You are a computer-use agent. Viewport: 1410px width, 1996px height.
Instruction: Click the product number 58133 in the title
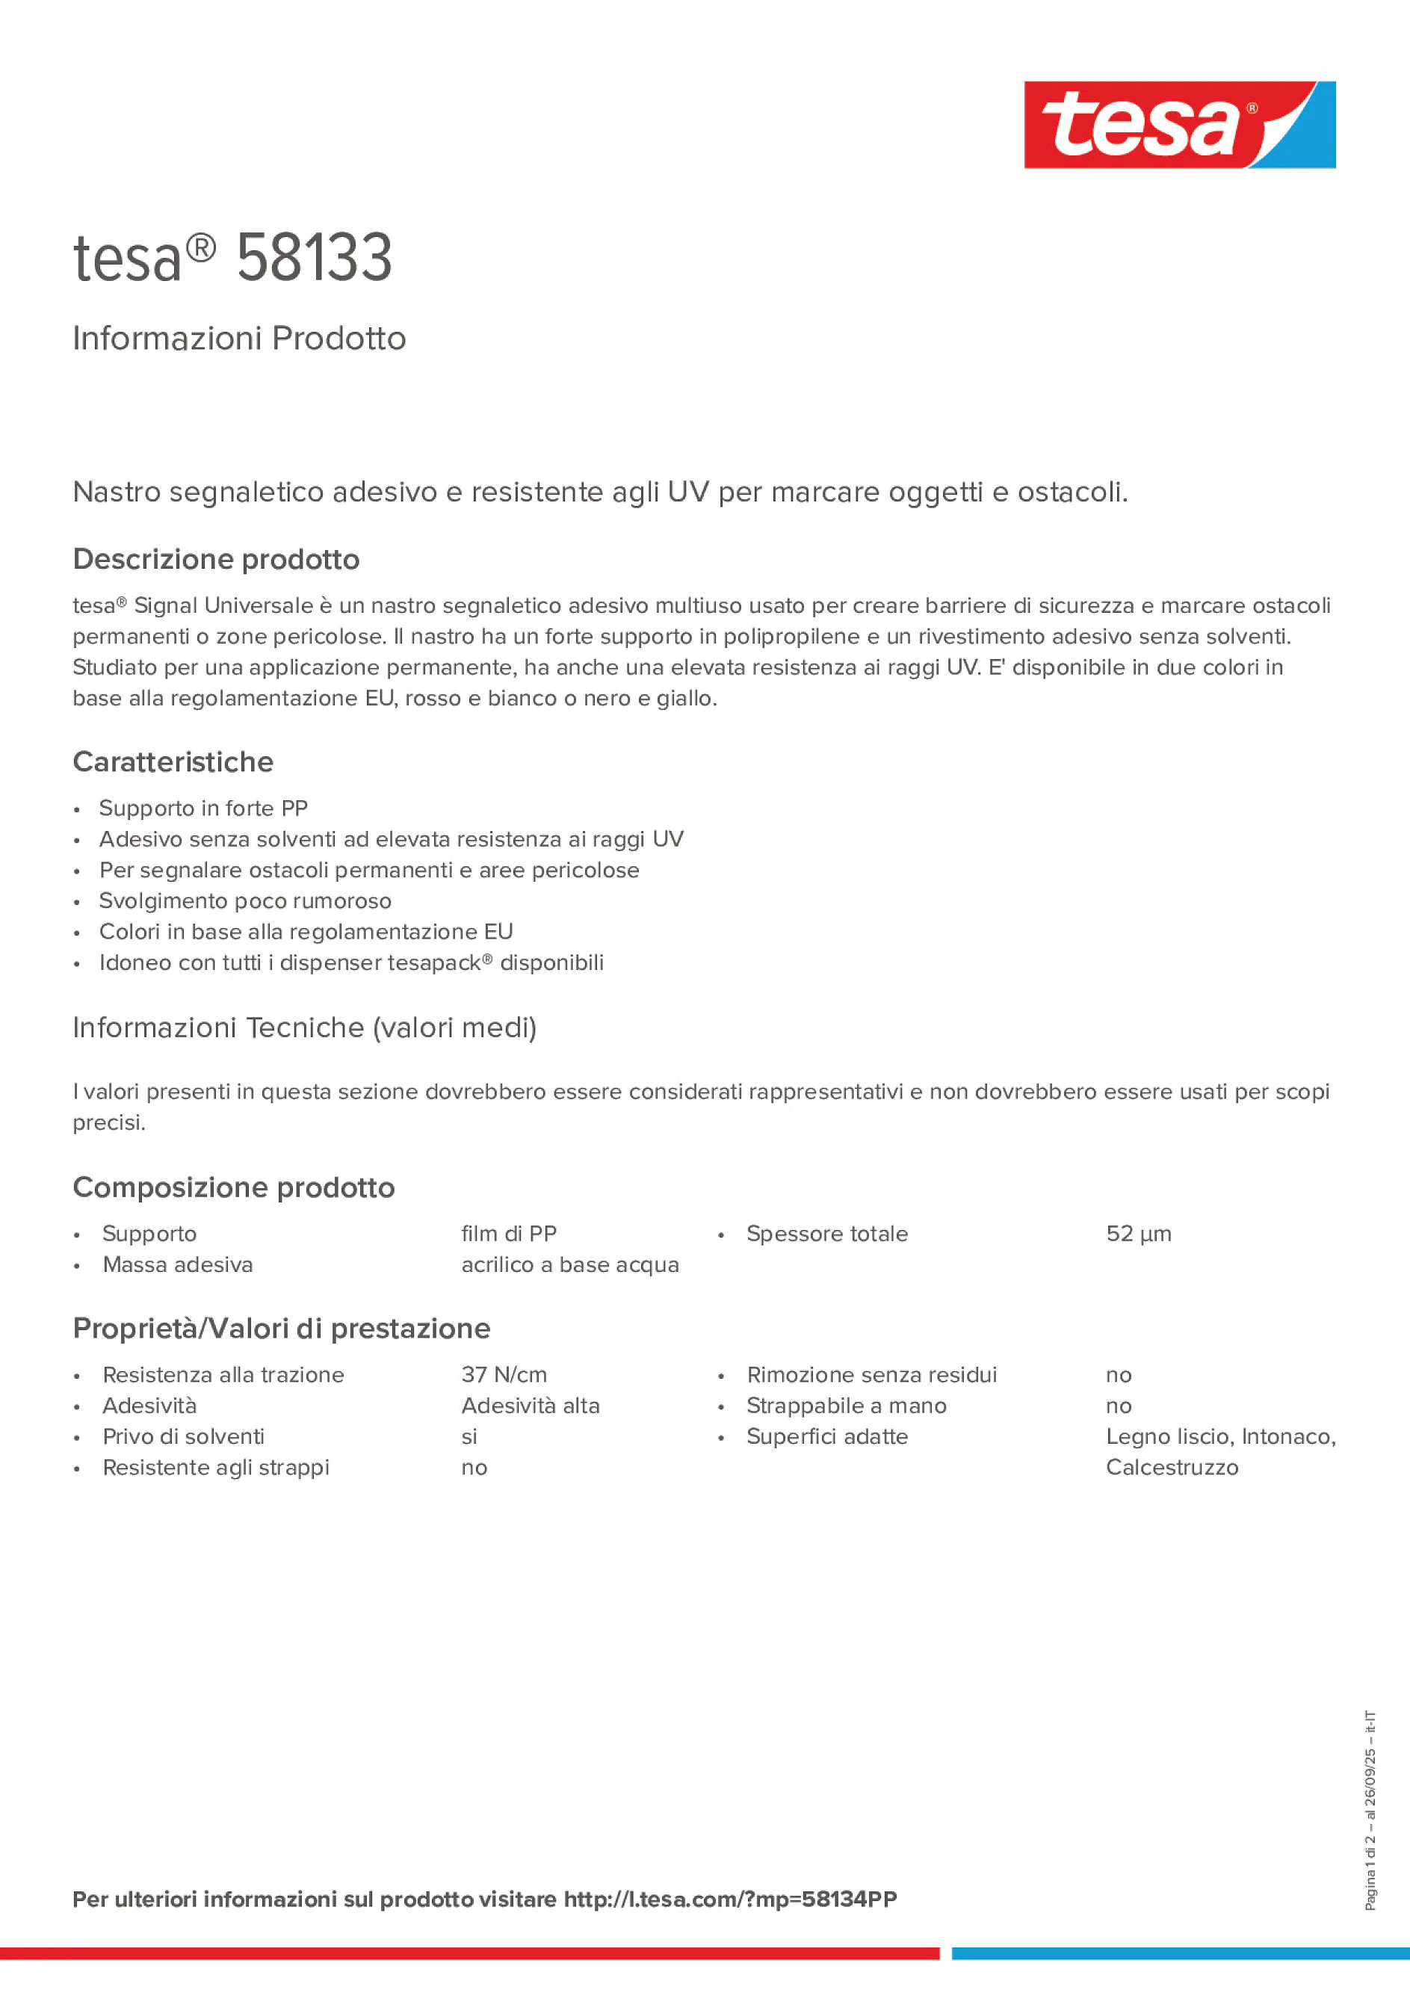point(314,259)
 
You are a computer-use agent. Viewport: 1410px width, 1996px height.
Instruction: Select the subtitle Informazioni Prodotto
point(239,339)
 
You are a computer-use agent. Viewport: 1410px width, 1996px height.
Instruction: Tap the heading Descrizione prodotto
point(216,559)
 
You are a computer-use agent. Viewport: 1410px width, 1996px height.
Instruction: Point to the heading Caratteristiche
point(173,761)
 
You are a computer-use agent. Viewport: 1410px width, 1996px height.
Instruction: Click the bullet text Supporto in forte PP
point(203,809)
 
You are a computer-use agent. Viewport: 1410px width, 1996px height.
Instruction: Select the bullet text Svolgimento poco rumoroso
point(245,900)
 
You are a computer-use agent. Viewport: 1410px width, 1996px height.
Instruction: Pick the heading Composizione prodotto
point(234,1187)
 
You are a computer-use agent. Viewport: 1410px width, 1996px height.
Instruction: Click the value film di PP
point(509,1234)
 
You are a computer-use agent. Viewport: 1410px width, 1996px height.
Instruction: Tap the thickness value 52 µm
point(1138,1234)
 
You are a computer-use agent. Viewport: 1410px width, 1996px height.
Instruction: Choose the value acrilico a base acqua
point(569,1265)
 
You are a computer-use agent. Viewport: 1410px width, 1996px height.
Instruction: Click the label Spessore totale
point(826,1234)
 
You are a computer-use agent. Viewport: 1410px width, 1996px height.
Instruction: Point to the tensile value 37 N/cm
point(504,1374)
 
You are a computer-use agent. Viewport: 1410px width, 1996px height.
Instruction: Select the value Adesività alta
point(531,1406)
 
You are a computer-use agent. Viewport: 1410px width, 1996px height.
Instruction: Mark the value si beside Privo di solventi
point(469,1437)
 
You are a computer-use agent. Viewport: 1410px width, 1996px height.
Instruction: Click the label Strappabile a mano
point(846,1406)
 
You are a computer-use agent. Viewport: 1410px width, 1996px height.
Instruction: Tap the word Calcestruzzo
point(1172,1468)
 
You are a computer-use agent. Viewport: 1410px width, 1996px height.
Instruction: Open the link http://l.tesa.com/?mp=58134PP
point(730,1900)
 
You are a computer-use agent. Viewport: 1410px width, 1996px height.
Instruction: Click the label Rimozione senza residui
point(871,1374)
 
